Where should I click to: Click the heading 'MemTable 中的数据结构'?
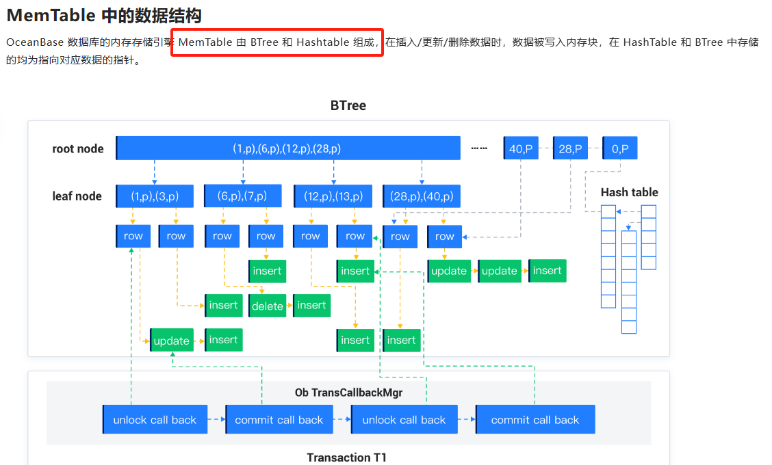104,16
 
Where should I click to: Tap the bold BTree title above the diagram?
348,106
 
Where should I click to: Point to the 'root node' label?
78,148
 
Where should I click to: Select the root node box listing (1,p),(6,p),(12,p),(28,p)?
288,148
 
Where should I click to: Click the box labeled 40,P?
521,148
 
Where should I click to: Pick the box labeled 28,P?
570,148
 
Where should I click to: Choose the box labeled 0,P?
620,148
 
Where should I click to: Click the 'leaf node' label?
77,196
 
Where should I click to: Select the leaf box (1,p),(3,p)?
155,196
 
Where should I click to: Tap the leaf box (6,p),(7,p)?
243,196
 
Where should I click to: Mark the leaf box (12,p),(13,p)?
333,196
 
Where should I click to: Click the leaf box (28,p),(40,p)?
422,196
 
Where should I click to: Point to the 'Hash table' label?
629,192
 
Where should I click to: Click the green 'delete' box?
268,306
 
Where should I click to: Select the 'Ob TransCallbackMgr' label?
348,393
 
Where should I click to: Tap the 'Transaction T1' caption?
346,457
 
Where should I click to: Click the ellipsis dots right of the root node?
479,148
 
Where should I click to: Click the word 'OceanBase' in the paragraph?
35,42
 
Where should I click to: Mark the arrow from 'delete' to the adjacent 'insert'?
289,306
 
